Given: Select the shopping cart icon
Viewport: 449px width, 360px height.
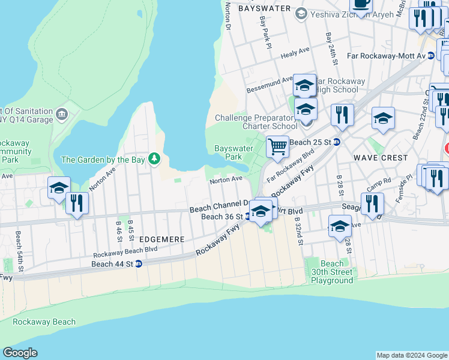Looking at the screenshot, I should [x=277, y=146].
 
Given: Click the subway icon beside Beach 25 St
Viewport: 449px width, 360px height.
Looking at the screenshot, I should [x=337, y=142].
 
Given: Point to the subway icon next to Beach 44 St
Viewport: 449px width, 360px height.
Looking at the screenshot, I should [x=139, y=263].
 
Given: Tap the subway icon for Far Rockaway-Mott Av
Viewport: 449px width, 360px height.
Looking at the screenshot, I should [x=430, y=55].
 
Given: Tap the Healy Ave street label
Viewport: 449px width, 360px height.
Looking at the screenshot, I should [x=295, y=53].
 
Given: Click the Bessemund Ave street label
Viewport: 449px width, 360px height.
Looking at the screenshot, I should [x=270, y=85].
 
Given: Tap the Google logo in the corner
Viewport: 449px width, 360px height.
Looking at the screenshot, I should [x=20, y=353].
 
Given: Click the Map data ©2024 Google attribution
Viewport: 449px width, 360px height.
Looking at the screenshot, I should [x=411, y=355].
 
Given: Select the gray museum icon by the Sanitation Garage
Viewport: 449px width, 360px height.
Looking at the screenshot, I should [x=61, y=113].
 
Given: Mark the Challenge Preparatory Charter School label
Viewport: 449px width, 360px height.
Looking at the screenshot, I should [x=256, y=122].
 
